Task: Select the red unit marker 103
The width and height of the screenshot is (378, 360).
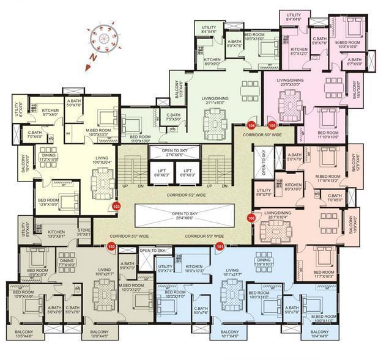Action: (x=116, y=206)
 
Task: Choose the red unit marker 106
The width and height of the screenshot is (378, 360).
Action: (x=251, y=218)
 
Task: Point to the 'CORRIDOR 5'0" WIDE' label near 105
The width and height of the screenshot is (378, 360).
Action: (x=262, y=134)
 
